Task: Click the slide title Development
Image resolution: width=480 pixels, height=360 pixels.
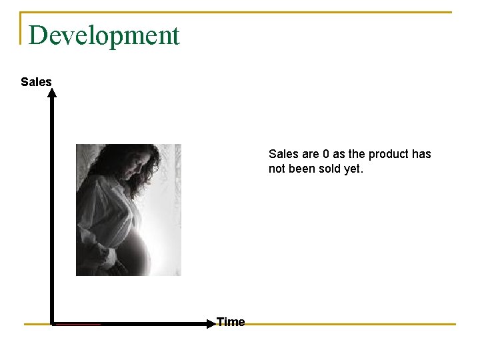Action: (x=104, y=35)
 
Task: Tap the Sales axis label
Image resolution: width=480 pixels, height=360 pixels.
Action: (x=36, y=82)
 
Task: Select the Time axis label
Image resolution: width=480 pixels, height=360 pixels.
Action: (x=231, y=322)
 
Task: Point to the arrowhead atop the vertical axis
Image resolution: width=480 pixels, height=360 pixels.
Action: (x=52, y=93)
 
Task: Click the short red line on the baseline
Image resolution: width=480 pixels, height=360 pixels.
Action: (x=77, y=325)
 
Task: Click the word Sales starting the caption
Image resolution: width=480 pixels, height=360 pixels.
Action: (x=283, y=154)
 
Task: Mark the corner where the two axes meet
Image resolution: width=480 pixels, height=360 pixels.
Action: (x=52, y=324)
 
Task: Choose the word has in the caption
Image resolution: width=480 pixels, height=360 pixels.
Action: (x=421, y=154)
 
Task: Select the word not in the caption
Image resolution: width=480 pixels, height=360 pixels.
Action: (x=277, y=169)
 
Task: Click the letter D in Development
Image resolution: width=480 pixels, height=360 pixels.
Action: (x=38, y=35)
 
